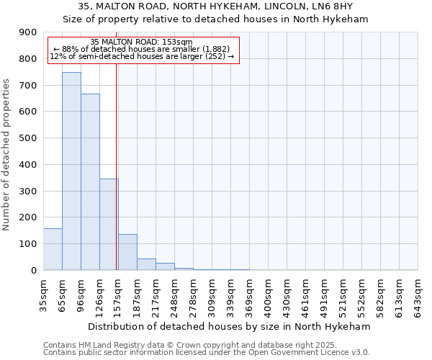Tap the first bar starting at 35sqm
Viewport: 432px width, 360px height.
click(x=53, y=249)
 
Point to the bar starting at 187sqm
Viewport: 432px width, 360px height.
click(x=146, y=264)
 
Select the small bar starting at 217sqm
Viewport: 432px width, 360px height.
click(x=165, y=266)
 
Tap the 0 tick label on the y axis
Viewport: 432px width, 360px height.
click(x=34, y=270)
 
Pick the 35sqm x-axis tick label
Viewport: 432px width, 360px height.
click(x=44, y=293)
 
